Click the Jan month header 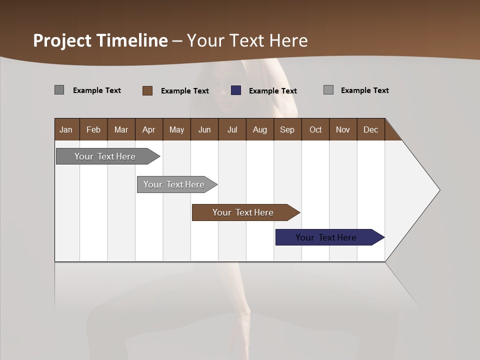click(66, 129)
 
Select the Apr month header click(149, 129)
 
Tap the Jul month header click(232, 129)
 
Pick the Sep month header click(287, 129)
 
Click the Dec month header click(370, 129)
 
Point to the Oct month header click(315, 129)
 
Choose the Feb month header click(93, 129)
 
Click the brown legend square click(147, 90)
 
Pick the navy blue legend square click(236, 90)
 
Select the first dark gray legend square click(59, 90)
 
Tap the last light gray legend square click(328, 90)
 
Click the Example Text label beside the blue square click(273, 91)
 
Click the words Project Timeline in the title click(100, 40)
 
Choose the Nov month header click(343, 129)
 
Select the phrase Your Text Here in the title click(247, 40)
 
